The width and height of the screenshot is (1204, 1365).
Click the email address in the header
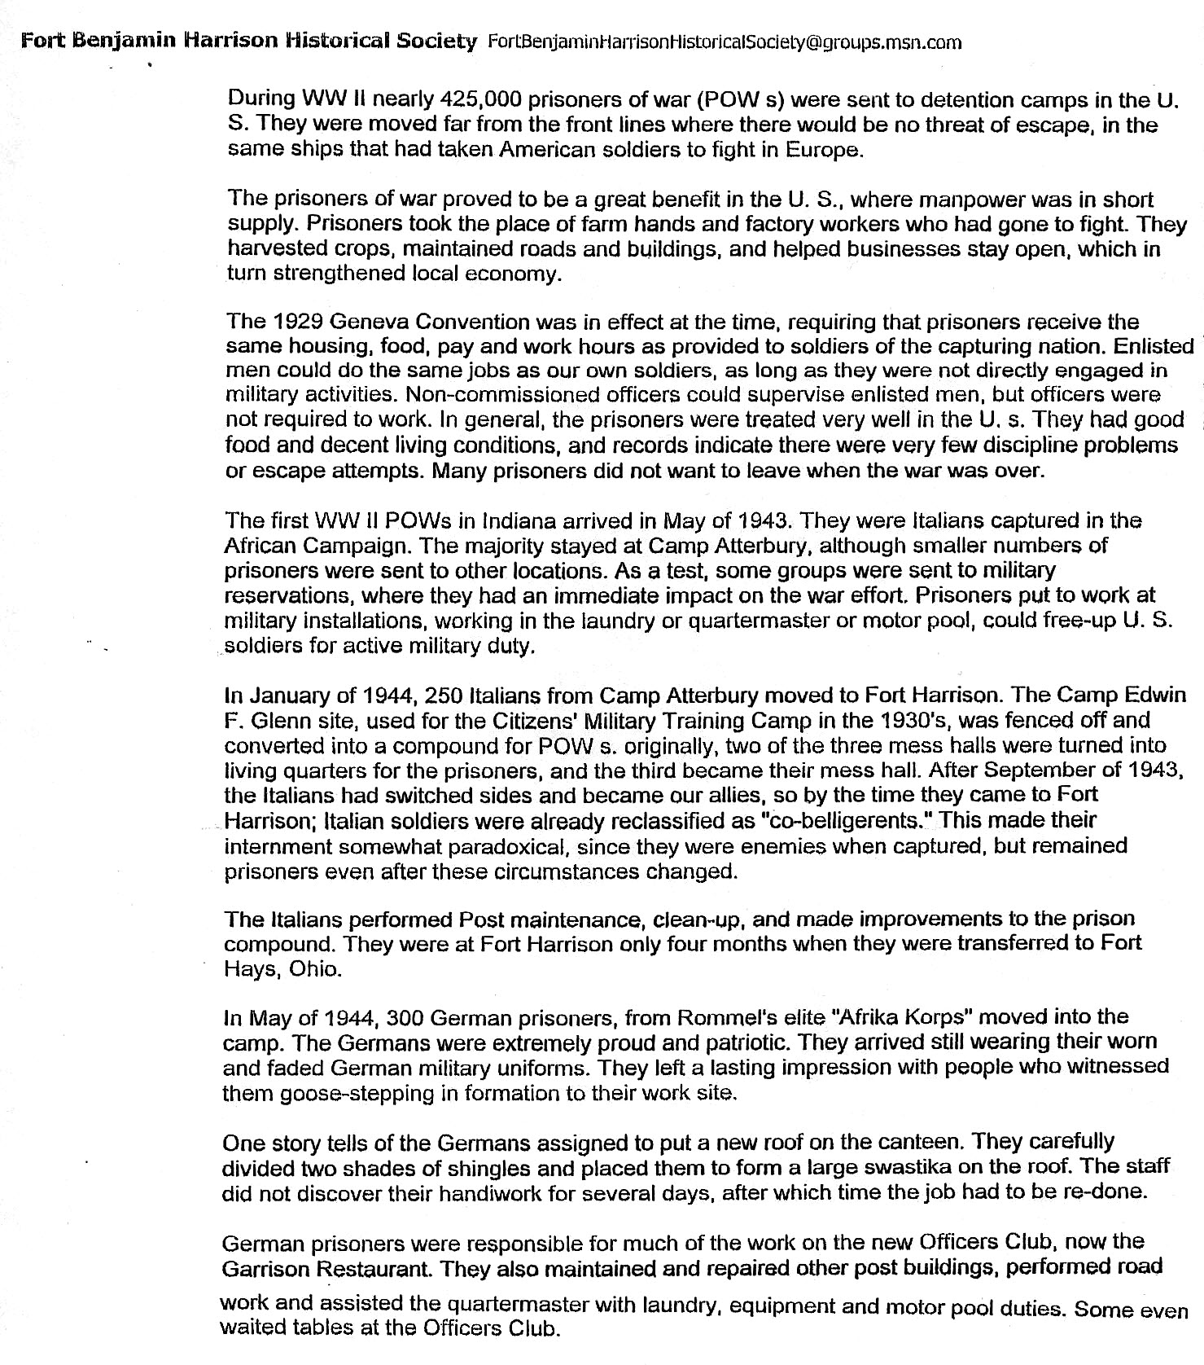pyautogui.click(x=723, y=42)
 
